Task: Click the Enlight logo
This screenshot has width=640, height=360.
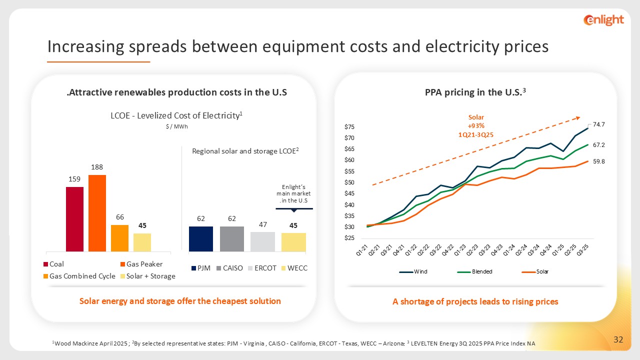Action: (603, 20)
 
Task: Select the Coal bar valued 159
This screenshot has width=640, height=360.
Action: (74, 218)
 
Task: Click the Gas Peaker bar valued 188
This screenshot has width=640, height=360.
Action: (97, 212)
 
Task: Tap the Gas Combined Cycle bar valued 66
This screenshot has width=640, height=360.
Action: (119, 237)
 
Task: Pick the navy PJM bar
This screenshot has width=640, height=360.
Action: (200, 238)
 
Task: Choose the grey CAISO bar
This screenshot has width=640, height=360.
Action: (231, 238)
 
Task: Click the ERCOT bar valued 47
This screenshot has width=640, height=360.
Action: (262, 241)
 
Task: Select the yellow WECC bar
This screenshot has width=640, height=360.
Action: (293, 242)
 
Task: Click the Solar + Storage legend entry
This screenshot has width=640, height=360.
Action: (150, 276)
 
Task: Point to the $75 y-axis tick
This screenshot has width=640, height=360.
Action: (349, 127)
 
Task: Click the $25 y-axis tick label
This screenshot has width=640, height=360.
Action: (349, 238)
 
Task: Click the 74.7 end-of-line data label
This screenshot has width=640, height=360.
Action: (599, 124)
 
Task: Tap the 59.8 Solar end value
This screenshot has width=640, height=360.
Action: (599, 161)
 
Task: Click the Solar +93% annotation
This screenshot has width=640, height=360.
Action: (476, 125)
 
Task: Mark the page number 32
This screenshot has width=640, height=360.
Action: (618, 340)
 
